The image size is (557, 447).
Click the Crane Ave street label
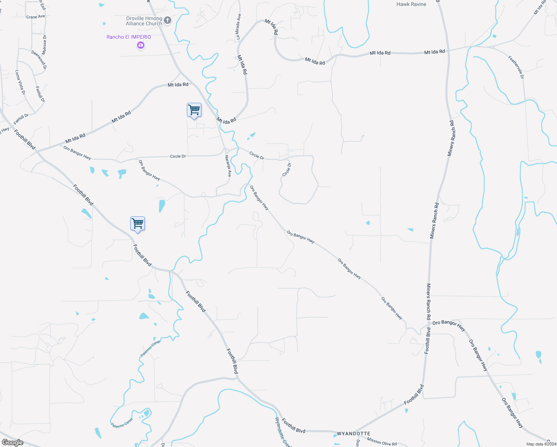(35, 17)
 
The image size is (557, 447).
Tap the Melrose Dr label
(44, 45)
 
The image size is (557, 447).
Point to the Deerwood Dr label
(39, 60)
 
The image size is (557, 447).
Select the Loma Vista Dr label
(20, 82)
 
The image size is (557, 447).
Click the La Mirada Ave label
(238, 27)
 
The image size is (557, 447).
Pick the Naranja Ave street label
(228, 166)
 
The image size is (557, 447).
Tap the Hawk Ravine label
(411, 4)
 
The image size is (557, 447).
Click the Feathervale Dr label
(516, 67)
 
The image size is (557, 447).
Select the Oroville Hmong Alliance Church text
(144, 21)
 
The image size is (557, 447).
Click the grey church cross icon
(168, 20)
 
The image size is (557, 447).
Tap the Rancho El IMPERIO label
(129, 37)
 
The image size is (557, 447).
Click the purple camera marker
(140, 45)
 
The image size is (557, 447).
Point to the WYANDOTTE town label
(353, 434)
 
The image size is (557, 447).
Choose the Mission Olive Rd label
(382, 441)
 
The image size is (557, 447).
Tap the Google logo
(13, 443)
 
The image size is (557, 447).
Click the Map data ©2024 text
(541, 444)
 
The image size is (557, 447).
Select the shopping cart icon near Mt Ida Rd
(194, 110)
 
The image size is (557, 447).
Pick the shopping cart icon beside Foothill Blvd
(137, 224)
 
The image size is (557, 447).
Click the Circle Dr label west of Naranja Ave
(178, 156)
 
